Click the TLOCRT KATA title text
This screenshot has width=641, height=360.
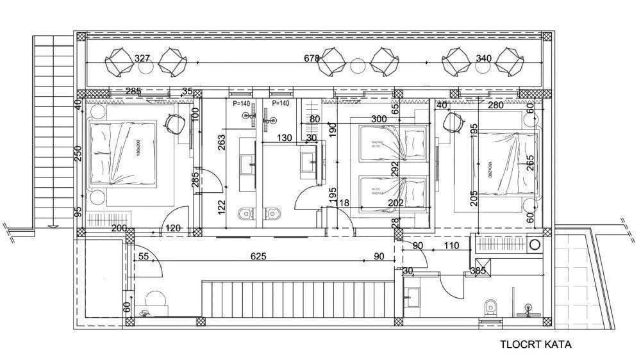click(x=535, y=344)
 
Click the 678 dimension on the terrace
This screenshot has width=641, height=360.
click(x=312, y=58)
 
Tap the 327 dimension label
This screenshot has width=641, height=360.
click(x=142, y=58)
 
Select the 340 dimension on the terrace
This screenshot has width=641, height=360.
click(x=484, y=58)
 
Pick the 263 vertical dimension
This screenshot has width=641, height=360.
click(x=221, y=143)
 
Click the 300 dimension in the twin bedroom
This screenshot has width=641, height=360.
click(x=379, y=119)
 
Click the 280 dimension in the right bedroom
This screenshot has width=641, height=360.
click(x=495, y=105)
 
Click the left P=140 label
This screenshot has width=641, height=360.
click(x=242, y=103)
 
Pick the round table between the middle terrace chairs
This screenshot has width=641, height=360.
click(x=356, y=63)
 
